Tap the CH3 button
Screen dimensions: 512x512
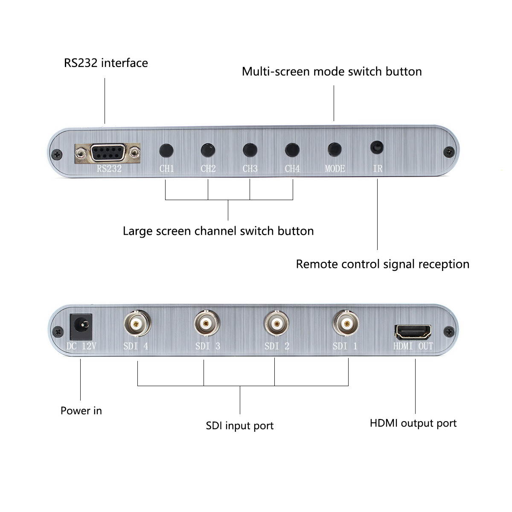pos(250,150)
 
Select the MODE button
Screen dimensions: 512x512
pos(335,149)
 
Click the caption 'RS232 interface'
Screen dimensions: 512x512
pos(106,63)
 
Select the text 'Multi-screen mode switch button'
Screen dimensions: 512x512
pos(332,71)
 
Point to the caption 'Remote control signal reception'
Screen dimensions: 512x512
pos(382,264)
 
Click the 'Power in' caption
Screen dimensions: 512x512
pos(81,411)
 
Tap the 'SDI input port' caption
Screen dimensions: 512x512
pos(239,426)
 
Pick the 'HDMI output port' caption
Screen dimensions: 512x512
pos(413,423)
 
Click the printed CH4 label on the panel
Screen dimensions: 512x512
pos(292,169)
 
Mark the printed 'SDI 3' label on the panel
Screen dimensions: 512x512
pos(208,346)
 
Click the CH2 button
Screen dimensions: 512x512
pos(208,150)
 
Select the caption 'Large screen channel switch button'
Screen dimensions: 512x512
pos(218,231)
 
